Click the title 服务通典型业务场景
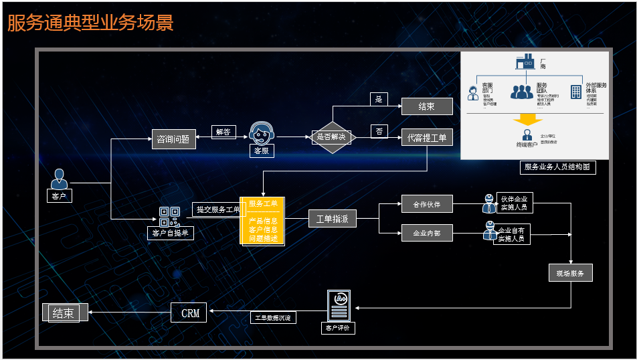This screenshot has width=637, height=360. pyautogui.click(x=90, y=23)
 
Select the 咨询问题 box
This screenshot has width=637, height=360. pyautogui.click(x=173, y=139)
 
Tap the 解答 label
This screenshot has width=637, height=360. pyautogui.click(x=223, y=132)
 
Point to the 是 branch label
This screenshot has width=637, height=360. pyautogui.click(x=379, y=99)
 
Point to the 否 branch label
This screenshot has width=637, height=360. pyautogui.click(x=379, y=131)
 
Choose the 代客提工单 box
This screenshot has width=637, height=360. pyautogui.click(x=427, y=138)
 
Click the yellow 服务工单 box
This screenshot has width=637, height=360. pyautogui.click(x=262, y=221)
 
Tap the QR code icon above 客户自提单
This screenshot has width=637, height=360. pyautogui.click(x=169, y=216)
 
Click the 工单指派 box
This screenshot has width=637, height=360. pyautogui.click(x=332, y=219)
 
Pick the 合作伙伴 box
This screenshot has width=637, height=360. pyautogui.click(x=427, y=203)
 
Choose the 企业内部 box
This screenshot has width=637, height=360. pyautogui.click(x=427, y=233)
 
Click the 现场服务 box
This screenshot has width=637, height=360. pyautogui.click(x=570, y=273)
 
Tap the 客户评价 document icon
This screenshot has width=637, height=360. pyautogui.click(x=339, y=305)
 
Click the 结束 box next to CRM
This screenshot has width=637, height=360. pyautogui.click(x=64, y=312)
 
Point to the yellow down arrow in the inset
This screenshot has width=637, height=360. pyautogui.click(x=527, y=120)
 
